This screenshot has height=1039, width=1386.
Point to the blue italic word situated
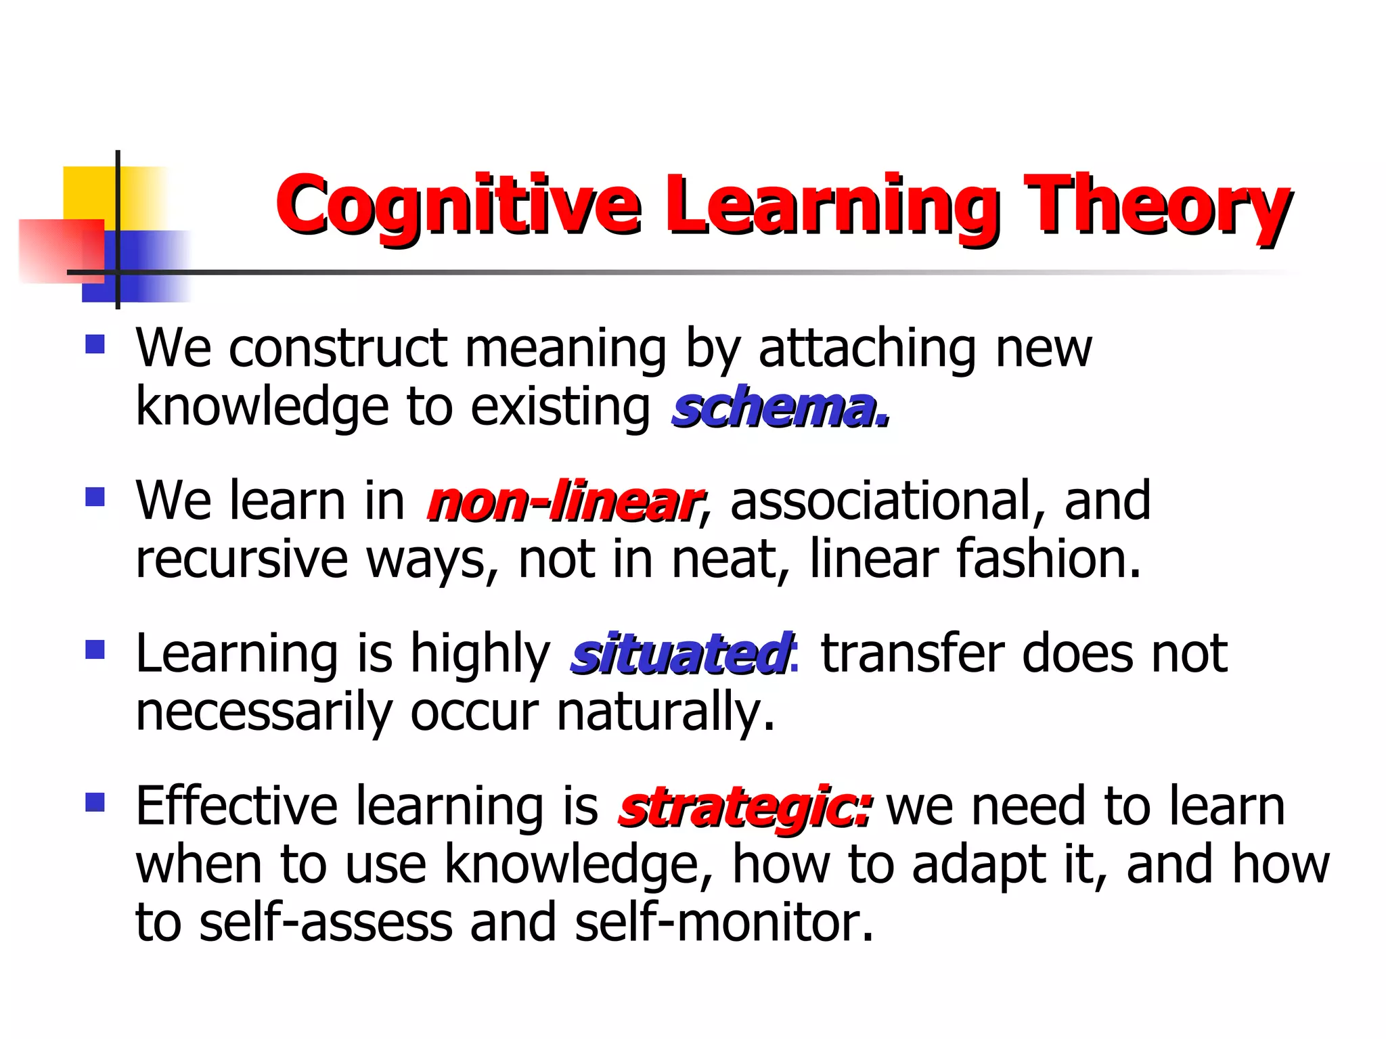(x=680, y=655)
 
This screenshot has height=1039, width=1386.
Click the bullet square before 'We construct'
(x=95, y=345)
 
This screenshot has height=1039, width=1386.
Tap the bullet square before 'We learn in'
(x=95, y=498)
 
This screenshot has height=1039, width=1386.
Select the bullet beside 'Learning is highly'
(x=95, y=650)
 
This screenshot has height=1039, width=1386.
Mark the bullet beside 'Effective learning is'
(x=95, y=803)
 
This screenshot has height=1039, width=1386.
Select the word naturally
(x=665, y=712)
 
